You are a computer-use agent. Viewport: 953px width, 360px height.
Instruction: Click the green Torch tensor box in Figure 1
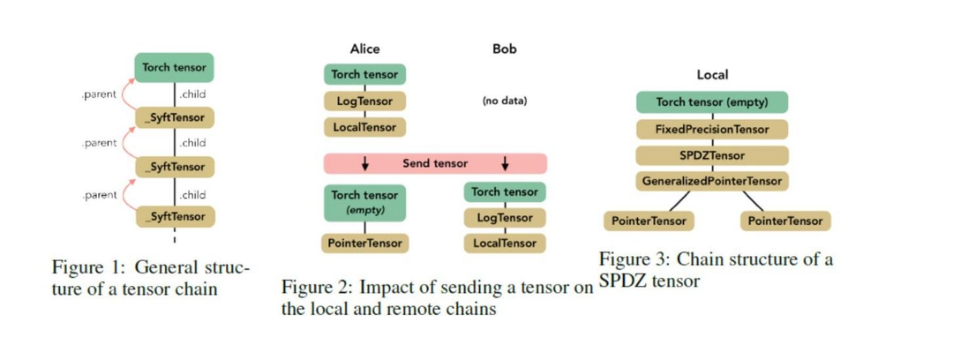pyautogui.click(x=175, y=68)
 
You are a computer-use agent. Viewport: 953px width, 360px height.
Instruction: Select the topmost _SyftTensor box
pyautogui.click(x=175, y=117)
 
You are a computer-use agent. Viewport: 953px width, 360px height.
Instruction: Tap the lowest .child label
pyautogui.click(x=192, y=194)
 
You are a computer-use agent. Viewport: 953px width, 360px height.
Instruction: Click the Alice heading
pyautogui.click(x=364, y=49)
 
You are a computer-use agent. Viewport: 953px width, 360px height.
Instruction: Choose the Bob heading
pyautogui.click(x=504, y=49)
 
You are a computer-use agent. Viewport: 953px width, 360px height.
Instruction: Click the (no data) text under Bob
pyautogui.click(x=504, y=101)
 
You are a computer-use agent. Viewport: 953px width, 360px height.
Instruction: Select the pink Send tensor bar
pyautogui.click(x=435, y=163)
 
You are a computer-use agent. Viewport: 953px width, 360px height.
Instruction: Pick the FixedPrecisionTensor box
pyautogui.click(x=711, y=129)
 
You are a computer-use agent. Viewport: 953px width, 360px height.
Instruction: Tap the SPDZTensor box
pyautogui.click(x=711, y=155)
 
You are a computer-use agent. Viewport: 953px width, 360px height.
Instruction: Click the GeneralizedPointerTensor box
pyautogui.click(x=711, y=181)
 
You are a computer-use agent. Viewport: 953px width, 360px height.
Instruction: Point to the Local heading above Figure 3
pyautogui.click(x=712, y=76)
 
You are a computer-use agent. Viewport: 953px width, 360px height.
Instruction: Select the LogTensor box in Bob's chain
pyautogui.click(x=504, y=217)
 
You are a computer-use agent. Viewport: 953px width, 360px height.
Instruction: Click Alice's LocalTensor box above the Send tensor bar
pyautogui.click(x=364, y=127)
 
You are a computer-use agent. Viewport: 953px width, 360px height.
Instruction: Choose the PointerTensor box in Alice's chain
pyautogui.click(x=364, y=242)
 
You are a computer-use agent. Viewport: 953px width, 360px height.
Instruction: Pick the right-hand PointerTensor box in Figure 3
pyautogui.click(x=785, y=221)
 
